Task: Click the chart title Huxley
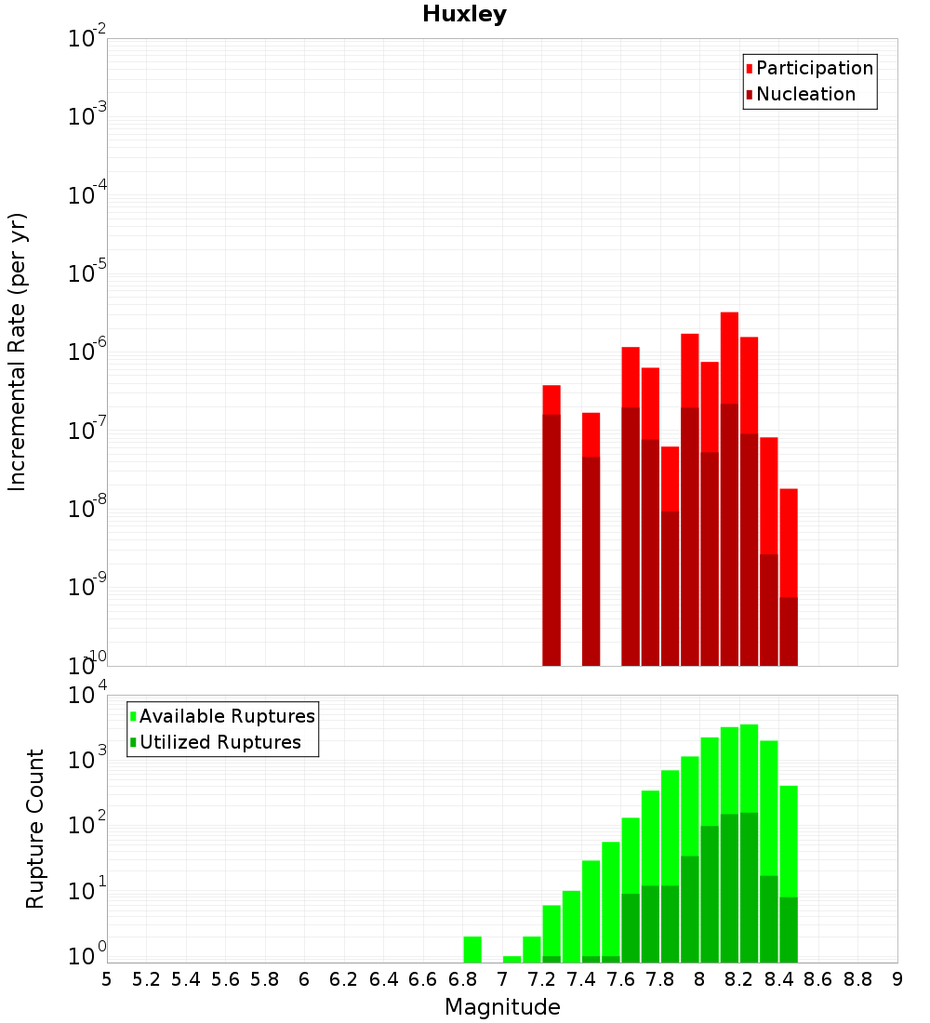[464, 14]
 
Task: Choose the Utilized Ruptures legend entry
[219, 742]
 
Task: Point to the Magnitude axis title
[502, 1007]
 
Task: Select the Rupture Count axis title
[35, 829]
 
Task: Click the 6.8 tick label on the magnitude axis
[462, 979]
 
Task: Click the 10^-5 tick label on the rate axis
[87, 273]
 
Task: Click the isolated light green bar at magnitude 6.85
[472, 949]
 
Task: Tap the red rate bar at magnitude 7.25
[551, 400]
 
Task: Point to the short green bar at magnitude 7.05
[511, 959]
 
